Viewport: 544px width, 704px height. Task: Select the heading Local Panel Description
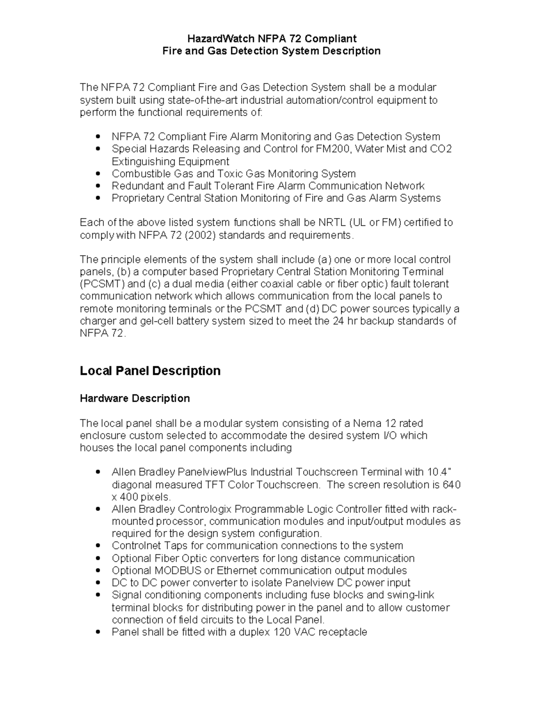pos(150,371)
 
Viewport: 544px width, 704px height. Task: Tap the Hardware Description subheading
pos(135,398)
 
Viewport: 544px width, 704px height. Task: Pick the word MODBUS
pos(179,571)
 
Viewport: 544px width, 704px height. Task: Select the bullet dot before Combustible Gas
pos(98,174)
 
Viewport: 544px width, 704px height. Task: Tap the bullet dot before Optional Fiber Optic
pos(98,558)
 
